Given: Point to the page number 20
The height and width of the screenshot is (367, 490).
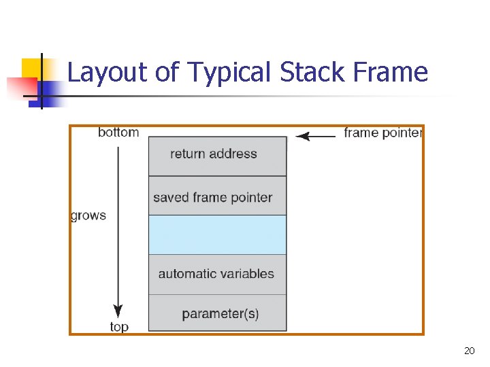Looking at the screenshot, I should pos(469,351).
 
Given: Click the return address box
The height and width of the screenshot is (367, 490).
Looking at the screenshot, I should pos(217,156).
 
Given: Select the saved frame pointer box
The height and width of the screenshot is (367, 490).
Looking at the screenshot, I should pos(217,196).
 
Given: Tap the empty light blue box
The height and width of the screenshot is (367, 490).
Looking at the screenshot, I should pos(217,234).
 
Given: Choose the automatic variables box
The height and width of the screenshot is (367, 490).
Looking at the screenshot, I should pos(217,274).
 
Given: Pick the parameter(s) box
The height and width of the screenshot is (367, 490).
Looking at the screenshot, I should pos(217,313).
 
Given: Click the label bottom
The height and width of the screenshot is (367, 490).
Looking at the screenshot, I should pos(118,133).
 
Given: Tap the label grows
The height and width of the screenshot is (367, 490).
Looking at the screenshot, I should pos(88,216).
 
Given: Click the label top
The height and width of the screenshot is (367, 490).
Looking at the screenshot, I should pos(119,327).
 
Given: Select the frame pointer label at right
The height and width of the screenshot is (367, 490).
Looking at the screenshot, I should pos(382,133).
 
